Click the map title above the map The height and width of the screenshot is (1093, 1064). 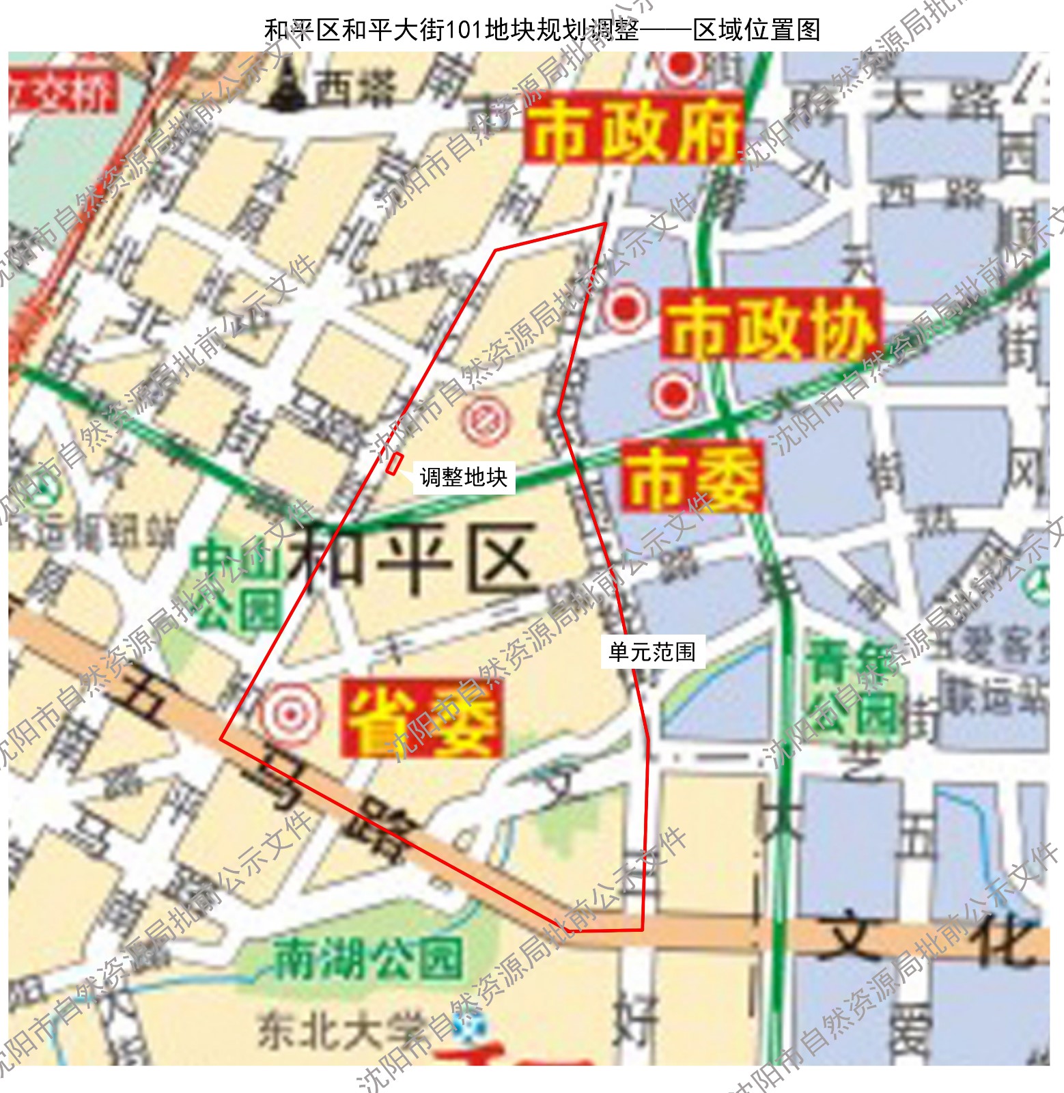click(542, 29)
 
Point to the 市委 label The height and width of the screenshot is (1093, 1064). click(691, 477)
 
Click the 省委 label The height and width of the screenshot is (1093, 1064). click(423, 719)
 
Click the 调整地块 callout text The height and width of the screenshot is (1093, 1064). click(464, 477)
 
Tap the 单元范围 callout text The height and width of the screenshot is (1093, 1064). click(652, 652)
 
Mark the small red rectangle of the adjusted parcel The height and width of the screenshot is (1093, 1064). click(394, 465)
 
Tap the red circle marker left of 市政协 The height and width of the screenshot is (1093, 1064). click(624, 309)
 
